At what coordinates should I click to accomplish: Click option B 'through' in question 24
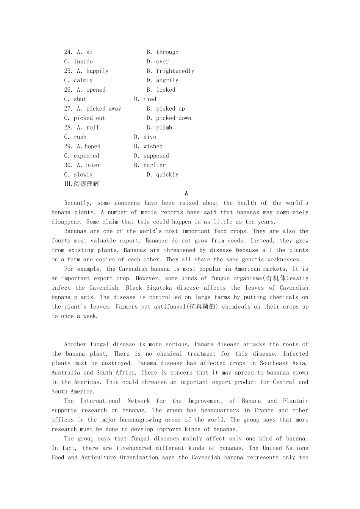[167, 52]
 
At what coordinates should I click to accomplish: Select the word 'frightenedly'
[175, 71]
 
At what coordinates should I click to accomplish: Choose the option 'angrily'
[167, 81]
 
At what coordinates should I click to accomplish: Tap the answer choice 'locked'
[166, 90]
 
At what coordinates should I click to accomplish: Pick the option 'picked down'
[174, 118]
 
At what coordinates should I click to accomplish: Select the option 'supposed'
[156, 156]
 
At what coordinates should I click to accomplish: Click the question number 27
[68, 109]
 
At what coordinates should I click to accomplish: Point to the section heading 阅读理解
[86, 184]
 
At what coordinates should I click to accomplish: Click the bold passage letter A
[186, 194]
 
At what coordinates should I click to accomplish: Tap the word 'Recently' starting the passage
[78, 203]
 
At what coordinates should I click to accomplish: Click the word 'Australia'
[66, 373]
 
